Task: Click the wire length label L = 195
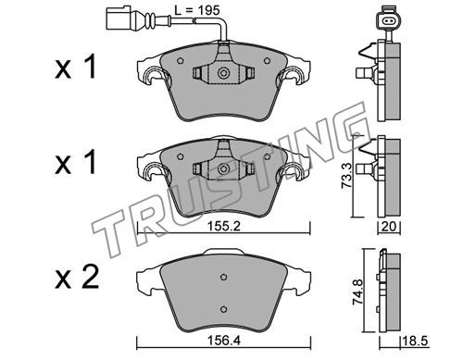tap(197, 11)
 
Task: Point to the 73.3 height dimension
tap(345, 176)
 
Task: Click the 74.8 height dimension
tap(358, 291)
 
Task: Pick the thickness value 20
tap(389, 227)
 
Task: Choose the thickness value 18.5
tap(415, 341)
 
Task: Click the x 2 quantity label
tap(77, 278)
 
